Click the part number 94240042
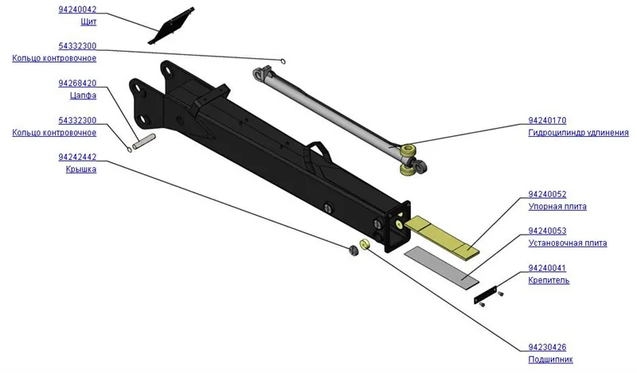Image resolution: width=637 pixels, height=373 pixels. pos(77,10)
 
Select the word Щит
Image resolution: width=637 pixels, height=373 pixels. pos(88,22)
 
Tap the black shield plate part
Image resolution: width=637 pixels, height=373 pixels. pos(170,25)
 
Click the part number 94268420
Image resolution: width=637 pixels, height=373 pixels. pos(77,84)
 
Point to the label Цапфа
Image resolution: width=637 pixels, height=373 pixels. pos(84,95)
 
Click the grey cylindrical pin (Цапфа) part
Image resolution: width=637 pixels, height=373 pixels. pos(144,142)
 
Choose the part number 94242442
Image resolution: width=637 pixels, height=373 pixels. pos(77,157)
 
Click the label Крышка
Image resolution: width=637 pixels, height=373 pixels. pos(81,169)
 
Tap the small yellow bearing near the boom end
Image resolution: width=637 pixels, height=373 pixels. pos(365,244)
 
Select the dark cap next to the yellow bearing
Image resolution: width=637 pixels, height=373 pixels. pos(354,251)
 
